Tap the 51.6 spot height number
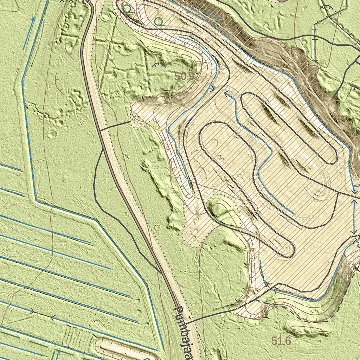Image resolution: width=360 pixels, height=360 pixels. pyautogui.click(x=281, y=340)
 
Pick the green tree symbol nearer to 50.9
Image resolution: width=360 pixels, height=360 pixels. pyautogui.click(x=159, y=21)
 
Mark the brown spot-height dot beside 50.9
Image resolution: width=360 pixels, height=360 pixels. pyautogui.click(x=194, y=66)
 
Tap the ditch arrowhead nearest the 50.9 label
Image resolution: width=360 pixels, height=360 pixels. pyautogui.click(x=212, y=89)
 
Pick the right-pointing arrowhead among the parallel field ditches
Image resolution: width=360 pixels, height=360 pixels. pyautogui.click(x=33, y=311)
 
